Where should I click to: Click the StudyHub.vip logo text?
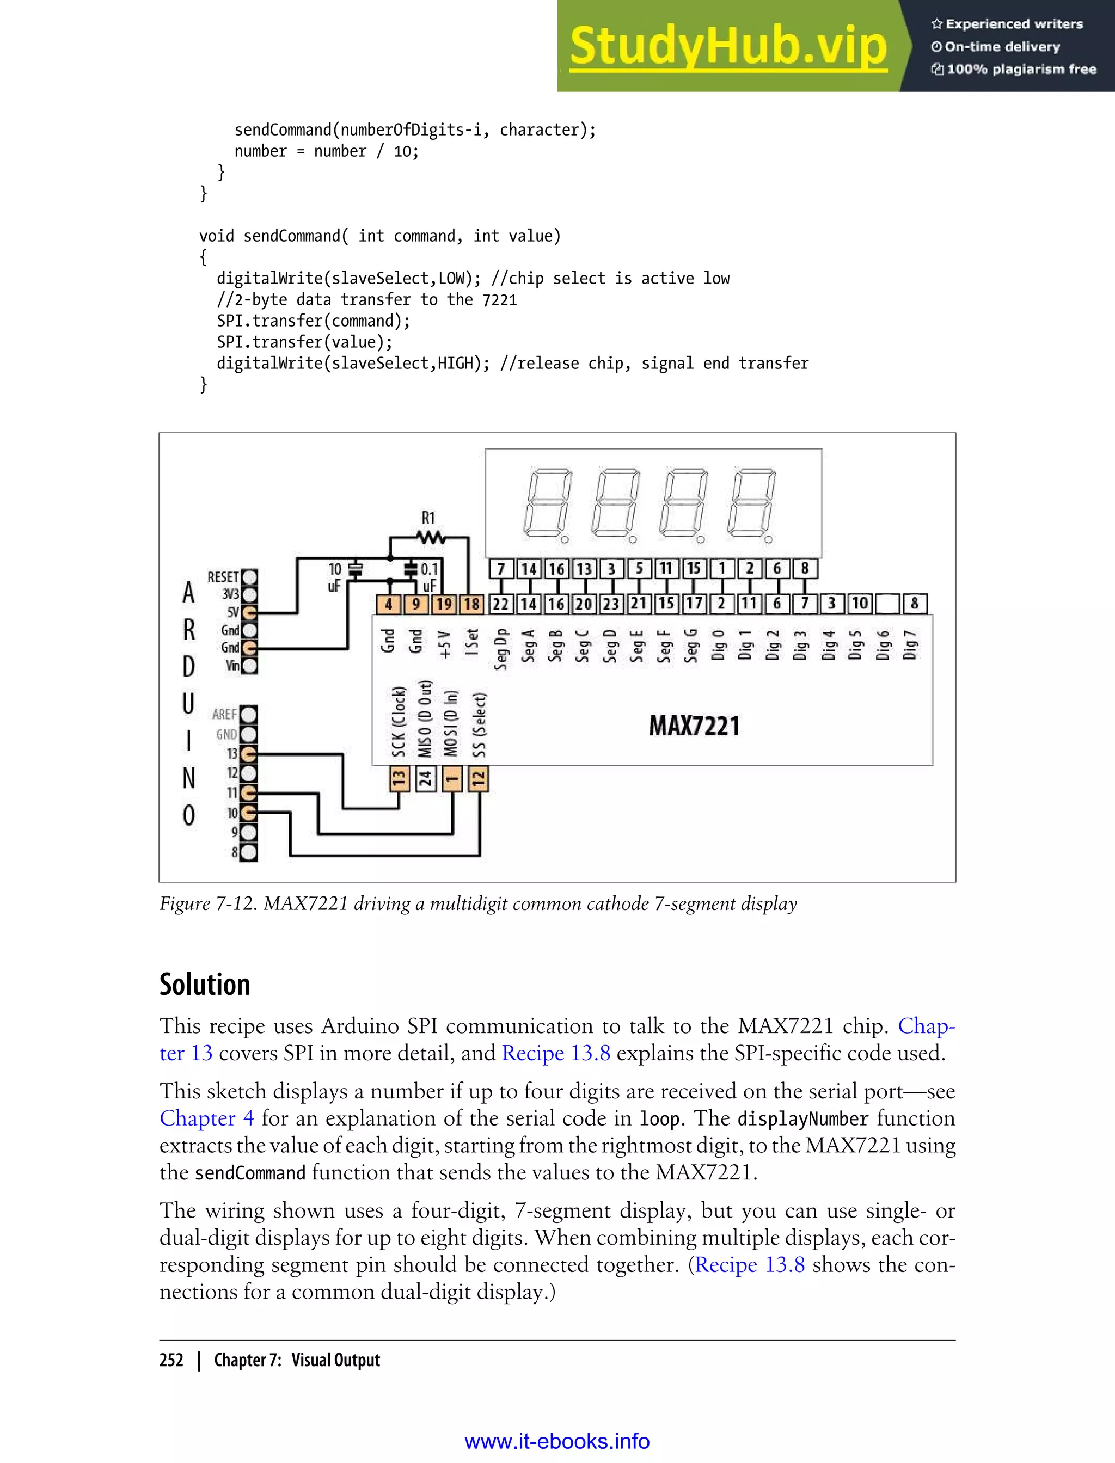pos(728,46)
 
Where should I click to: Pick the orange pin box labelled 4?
pos(388,604)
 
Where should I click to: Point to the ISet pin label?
pos(472,642)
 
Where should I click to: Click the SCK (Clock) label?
pos(398,722)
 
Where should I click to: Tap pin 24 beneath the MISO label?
pos(425,779)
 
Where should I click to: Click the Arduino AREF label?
pos(224,714)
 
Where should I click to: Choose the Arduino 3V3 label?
pos(230,594)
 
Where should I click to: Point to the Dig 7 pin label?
pos(909,645)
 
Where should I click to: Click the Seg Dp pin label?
pos(500,649)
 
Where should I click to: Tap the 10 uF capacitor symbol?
pos(356,570)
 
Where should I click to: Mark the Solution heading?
pos(204,984)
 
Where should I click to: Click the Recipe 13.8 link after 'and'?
pos(555,1053)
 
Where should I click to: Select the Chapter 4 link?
pos(206,1118)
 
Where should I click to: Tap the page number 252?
pos(171,1360)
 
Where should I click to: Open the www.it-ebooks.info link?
pos(557,1442)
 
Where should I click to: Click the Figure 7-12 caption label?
pos(208,903)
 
